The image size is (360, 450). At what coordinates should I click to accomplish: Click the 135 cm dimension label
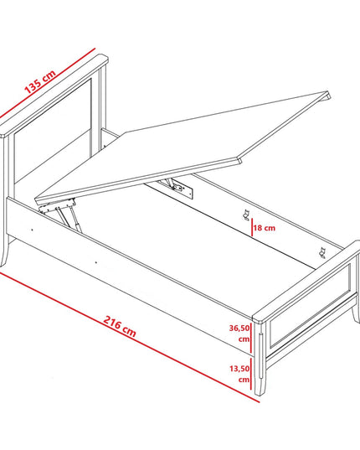point(40,81)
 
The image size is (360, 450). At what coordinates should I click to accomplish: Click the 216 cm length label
point(119,326)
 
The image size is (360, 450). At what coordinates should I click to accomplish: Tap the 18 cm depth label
point(265,228)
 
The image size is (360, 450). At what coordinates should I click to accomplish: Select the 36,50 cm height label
point(239,334)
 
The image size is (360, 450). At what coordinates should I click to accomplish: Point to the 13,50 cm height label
point(239,374)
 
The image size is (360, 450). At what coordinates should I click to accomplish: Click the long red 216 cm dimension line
point(129,336)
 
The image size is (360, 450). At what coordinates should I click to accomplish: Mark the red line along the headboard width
point(47,83)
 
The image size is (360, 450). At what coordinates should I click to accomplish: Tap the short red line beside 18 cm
point(252,227)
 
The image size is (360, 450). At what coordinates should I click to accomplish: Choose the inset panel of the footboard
point(311,305)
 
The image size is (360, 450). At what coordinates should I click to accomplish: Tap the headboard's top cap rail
point(54,95)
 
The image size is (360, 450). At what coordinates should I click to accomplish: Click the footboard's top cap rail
point(306,281)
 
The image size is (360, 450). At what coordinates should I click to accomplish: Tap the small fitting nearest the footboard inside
point(321,252)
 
